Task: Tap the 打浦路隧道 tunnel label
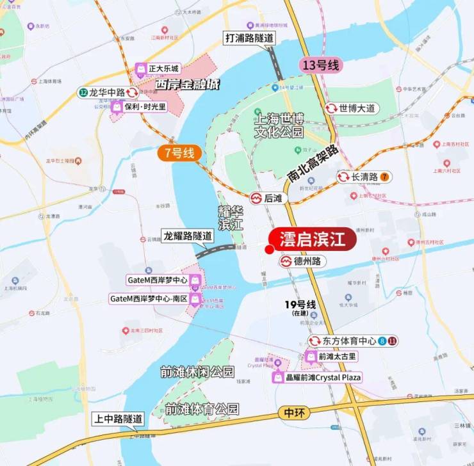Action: pyautogui.click(x=249, y=38)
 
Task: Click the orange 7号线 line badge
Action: pyautogui.click(x=180, y=152)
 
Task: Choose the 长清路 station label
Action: pyautogui.click(x=363, y=177)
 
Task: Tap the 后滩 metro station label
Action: pyautogui.click(x=267, y=198)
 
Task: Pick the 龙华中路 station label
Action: pyautogui.click(x=105, y=92)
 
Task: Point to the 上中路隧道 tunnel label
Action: pyautogui.click(x=118, y=419)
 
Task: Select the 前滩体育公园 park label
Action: pyautogui.click(x=202, y=408)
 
